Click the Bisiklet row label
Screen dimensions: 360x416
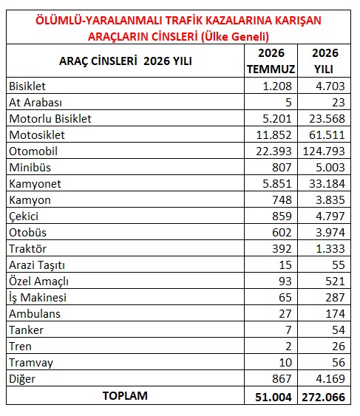point(27,86)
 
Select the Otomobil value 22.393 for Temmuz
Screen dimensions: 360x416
point(274,151)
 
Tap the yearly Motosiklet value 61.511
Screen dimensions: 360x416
point(327,135)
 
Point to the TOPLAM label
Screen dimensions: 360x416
point(125,396)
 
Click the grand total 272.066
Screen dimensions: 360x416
point(324,398)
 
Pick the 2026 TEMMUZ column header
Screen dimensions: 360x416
point(271,61)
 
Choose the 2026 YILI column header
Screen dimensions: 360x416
point(325,61)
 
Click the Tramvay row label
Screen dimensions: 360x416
point(31,363)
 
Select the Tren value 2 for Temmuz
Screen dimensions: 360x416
point(288,347)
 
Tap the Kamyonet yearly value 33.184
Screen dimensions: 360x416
point(327,183)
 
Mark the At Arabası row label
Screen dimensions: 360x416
point(35,103)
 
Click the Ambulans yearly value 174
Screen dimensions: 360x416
point(336,314)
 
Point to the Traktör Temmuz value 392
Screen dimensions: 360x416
point(282,249)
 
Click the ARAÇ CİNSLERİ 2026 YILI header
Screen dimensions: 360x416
point(126,61)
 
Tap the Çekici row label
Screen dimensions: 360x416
point(24,216)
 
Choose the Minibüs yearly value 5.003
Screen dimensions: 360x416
point(330,168)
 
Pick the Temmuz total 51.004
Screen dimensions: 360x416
point(274,398)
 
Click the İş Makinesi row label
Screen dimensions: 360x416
point(38,298)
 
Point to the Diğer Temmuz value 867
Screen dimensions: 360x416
point(282,379)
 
